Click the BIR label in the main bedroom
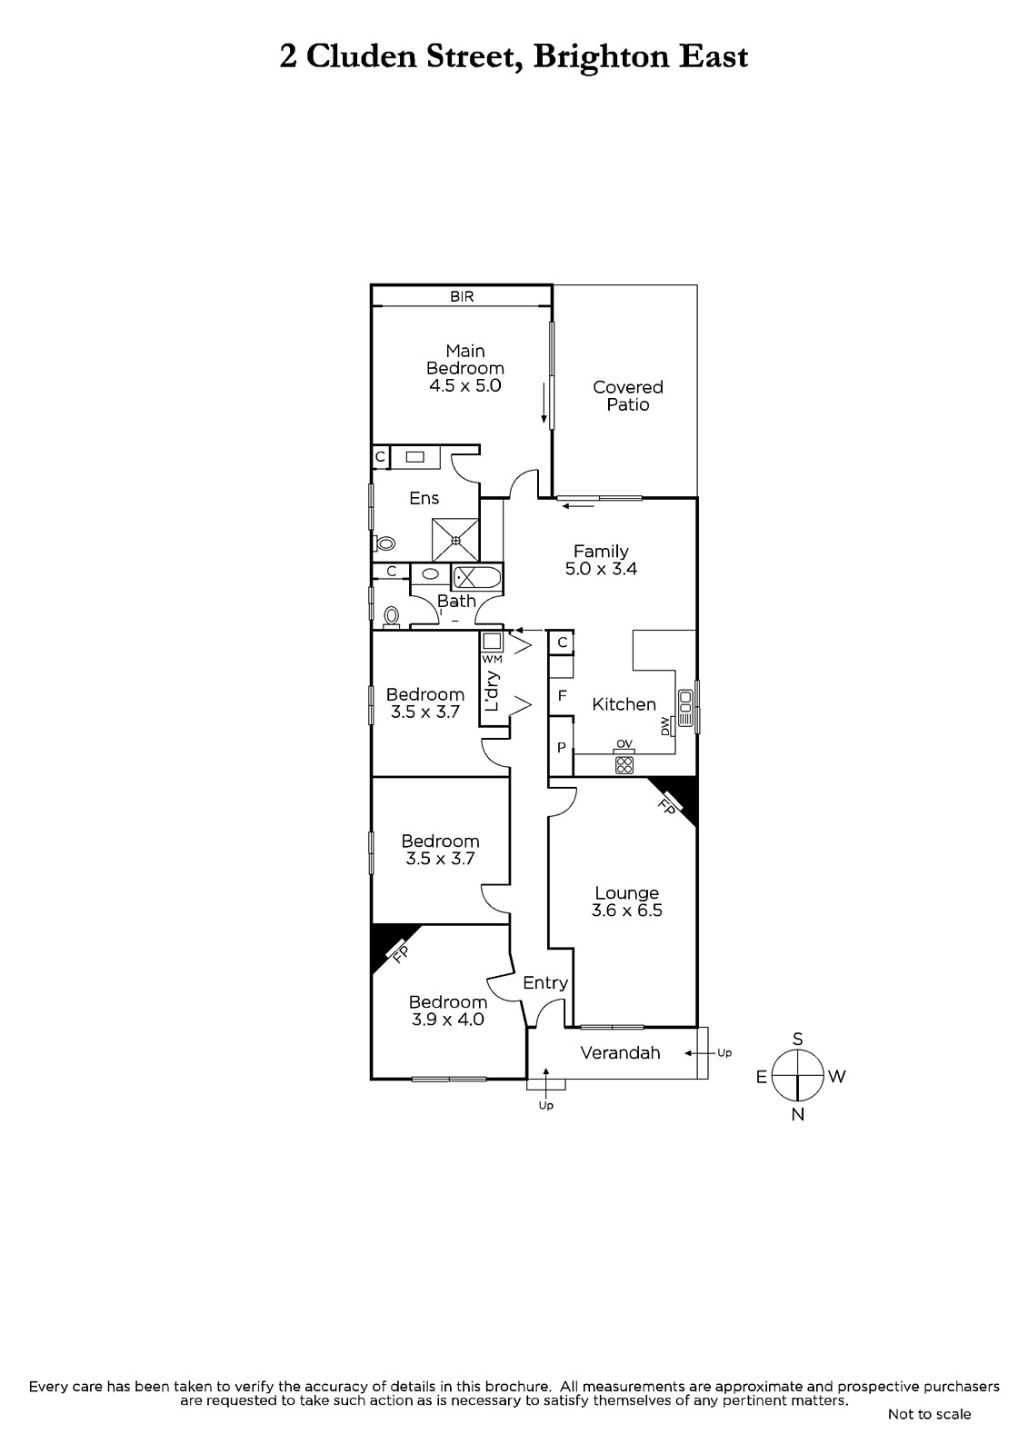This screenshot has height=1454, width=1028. coord(462,296)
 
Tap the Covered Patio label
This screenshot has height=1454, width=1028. coord(628,396)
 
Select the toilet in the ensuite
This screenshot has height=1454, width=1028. coord(384,543)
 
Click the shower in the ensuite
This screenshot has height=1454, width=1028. coord(456,540)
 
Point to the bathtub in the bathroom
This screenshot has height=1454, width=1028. coord(476,577)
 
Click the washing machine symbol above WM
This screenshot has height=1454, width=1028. coord(492,642)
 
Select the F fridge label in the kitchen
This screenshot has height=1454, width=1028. coord(563,696)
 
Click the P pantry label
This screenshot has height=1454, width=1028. coord(562,747)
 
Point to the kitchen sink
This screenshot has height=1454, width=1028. coord(685,708)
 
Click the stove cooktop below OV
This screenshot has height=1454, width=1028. coord(624,764)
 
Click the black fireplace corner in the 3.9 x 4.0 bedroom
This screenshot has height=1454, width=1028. coord(388,943)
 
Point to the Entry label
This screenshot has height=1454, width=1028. coord(545,982)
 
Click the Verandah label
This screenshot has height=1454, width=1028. coord(620,1052)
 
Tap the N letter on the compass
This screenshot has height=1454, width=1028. coord(798,1114)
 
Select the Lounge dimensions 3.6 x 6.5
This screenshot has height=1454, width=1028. coord(626,910)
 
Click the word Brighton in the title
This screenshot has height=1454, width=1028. coord(602,57)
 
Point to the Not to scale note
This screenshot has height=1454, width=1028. coord(929,1414)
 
